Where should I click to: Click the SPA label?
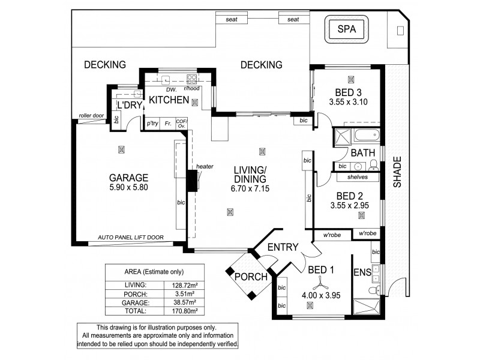[x=346, y=29]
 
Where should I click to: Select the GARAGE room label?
[x=128, y=178]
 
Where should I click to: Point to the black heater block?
[x=193, y=181]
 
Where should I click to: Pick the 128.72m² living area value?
[x=183, y=284]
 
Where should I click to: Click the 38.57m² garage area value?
[x=183, y=304]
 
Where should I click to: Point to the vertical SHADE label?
[x=397, y=172]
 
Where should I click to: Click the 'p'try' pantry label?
[x=153, y=124]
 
